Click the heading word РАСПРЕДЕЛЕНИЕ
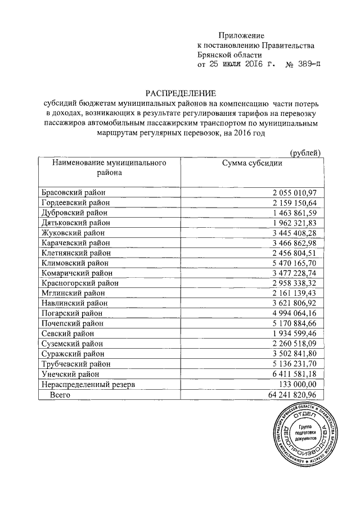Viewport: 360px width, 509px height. click(x=181, y=93)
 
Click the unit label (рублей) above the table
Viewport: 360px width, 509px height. click(x=305, y=152)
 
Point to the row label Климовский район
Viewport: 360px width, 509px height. click(x=75, y=263)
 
